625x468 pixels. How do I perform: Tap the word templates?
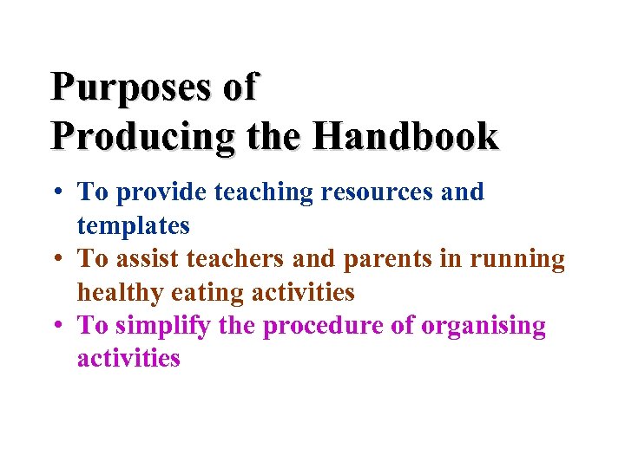(133, 226)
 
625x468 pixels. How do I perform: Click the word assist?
(141, 259)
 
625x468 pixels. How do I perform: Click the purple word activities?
(128, 359)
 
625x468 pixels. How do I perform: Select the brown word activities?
(303, 293)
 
